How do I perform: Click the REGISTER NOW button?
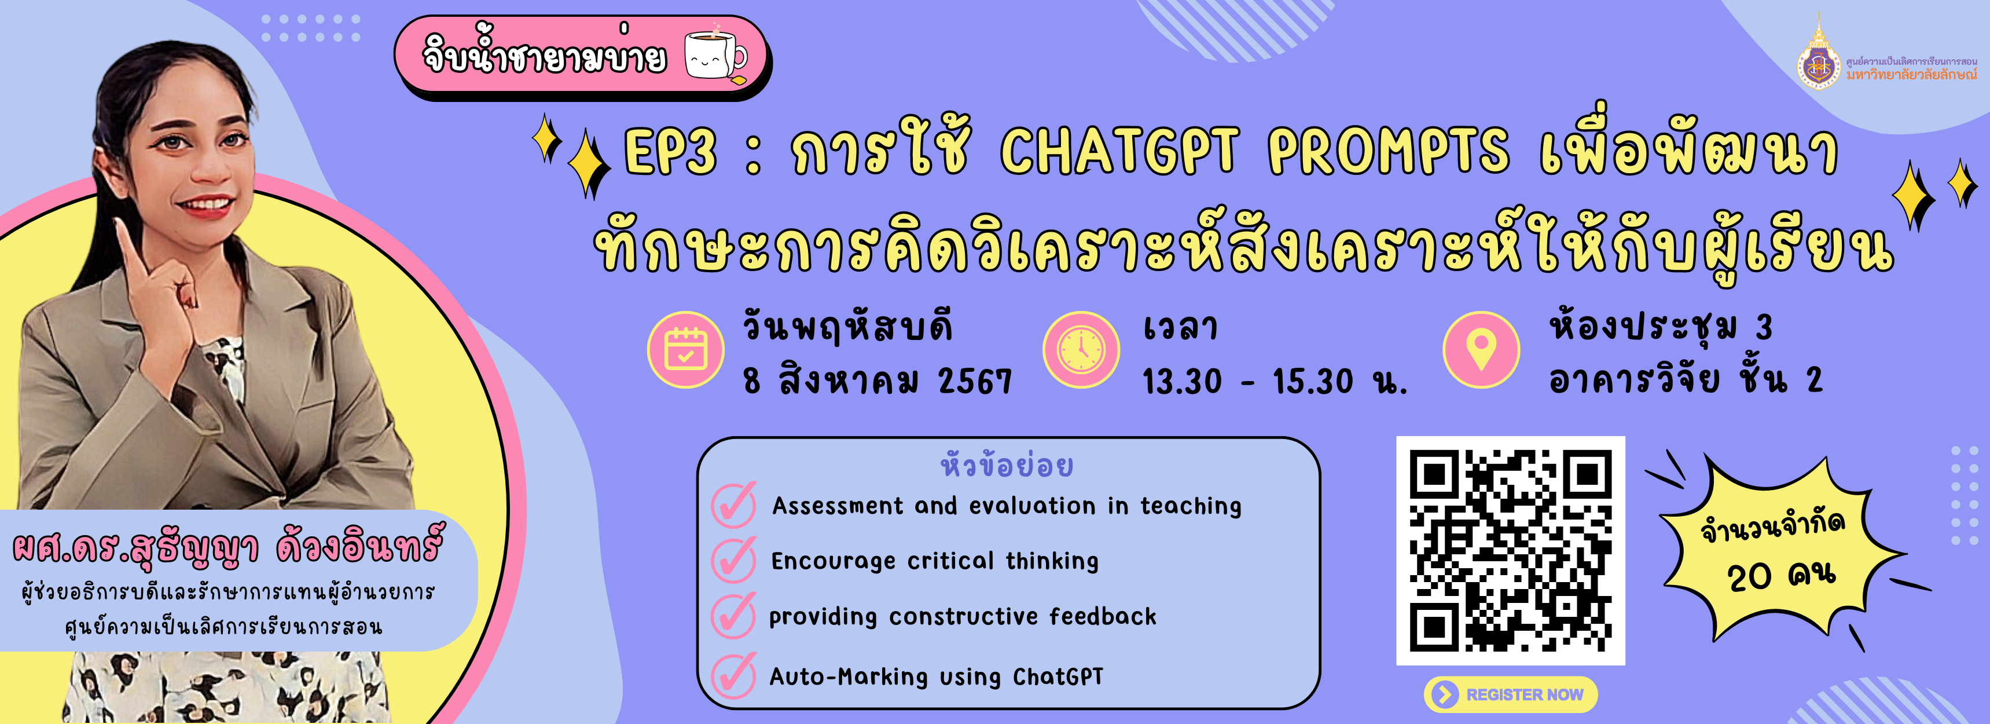tap(1510, 694)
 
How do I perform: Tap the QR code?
tap(1510, 551)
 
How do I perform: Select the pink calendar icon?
tap(685, 349)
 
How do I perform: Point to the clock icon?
tap(1081, 349)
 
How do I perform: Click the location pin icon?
tap(1481, 349)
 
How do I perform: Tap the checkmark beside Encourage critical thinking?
tap(733, 560)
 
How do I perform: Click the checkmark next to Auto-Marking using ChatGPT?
tap(733, 675)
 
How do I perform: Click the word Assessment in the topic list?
tap(838, 506)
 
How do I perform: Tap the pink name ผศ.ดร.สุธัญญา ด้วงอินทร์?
tap(228, 546)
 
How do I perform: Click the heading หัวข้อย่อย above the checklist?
tap(1007, 466)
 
